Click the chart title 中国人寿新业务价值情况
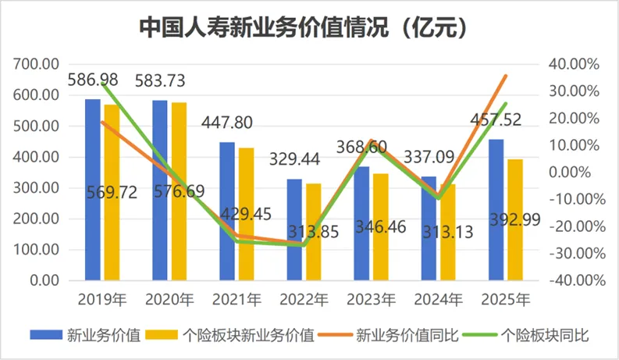(x=264, y=27)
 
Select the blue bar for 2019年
(x=93, y=190)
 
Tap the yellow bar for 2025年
(x=515, y=220)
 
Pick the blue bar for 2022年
(x=294, y=230)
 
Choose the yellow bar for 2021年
(x=247, y=214)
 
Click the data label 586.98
(x=93, y=80)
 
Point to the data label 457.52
(x=496, y=119)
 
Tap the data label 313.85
(x=314, y=232)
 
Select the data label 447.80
(x=227, y=123)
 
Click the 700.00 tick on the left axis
(x=36, y=64)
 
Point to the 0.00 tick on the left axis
(x=44, y=280)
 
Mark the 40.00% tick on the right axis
(x=574, y=64)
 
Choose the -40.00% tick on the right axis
(x=577, y=280)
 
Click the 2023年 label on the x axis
(x=371, y=300)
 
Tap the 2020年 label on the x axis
(x=169, y=300)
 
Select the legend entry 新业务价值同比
(x=389, y=335)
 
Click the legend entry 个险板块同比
(x=526, y=335)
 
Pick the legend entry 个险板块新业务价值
(x=229, y=335)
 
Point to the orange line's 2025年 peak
(x=506, y=76)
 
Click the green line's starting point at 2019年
(x=102, y=84)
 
